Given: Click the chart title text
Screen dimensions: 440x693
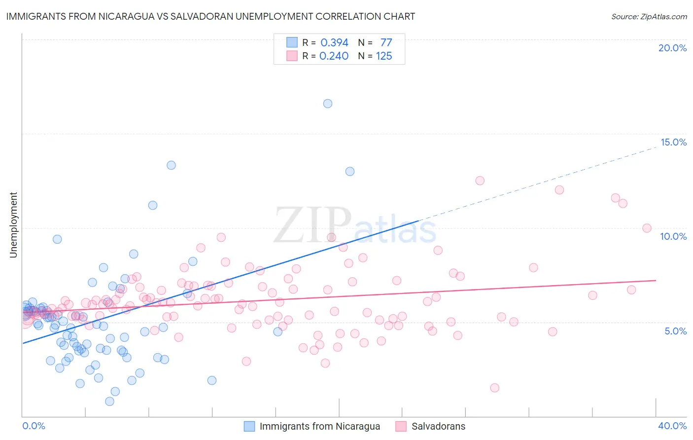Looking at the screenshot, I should click(210, 16).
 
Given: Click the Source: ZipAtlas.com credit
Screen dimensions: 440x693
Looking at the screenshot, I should click(649, 16).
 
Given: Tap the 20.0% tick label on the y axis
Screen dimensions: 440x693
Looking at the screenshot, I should click(672, 48).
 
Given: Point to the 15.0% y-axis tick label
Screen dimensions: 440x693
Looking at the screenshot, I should click(673, 142).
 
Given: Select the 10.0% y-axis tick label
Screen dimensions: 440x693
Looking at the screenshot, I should click(673, 236).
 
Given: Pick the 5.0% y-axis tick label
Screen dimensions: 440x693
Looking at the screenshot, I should click(675, 331).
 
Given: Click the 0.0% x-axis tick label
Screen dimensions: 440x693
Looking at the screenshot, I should click(34, 426).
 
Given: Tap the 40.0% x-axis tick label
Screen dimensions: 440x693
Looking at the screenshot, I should click(672, 426).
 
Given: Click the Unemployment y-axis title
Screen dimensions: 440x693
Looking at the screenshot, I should click(13, 225).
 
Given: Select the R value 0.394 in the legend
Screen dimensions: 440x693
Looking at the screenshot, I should click(334, 43).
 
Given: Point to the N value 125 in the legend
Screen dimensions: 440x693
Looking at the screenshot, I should click(384, 56).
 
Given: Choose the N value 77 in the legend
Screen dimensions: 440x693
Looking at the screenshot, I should click(386, 43).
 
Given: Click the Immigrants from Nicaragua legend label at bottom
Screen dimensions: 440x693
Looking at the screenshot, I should click(320, 426).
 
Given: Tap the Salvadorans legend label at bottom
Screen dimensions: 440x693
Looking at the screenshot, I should click(438, 426).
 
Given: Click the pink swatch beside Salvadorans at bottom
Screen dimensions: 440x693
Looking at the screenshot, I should click(401, 426).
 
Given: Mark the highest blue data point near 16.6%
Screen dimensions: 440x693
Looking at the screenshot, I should click(328, 104).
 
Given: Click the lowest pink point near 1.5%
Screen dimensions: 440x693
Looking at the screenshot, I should click(495, 388).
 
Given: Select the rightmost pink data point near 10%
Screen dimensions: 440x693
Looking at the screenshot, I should click(647, 228).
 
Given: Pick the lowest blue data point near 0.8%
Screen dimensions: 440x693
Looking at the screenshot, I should click(110, 402).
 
